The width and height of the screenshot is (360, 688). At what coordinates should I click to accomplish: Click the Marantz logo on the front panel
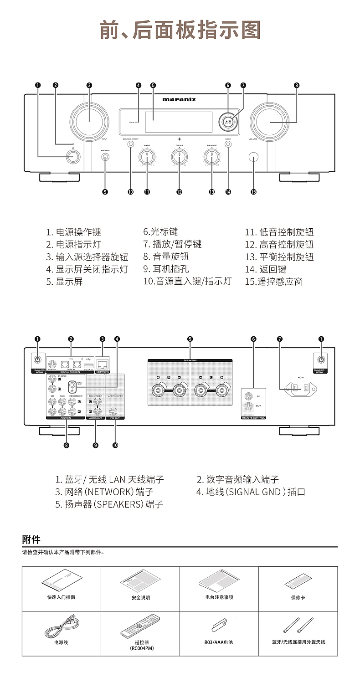179,99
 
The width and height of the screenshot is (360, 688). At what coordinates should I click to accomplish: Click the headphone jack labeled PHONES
105,157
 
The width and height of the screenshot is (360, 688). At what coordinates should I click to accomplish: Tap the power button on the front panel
72,157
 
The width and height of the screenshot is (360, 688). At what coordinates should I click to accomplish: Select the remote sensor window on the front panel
253,157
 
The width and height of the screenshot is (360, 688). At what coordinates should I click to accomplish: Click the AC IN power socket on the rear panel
300,388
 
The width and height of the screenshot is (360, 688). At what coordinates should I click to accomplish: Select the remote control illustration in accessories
140,627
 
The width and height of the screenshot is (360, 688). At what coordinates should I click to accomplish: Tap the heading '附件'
31,539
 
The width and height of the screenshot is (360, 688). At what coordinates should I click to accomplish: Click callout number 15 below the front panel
253,192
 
